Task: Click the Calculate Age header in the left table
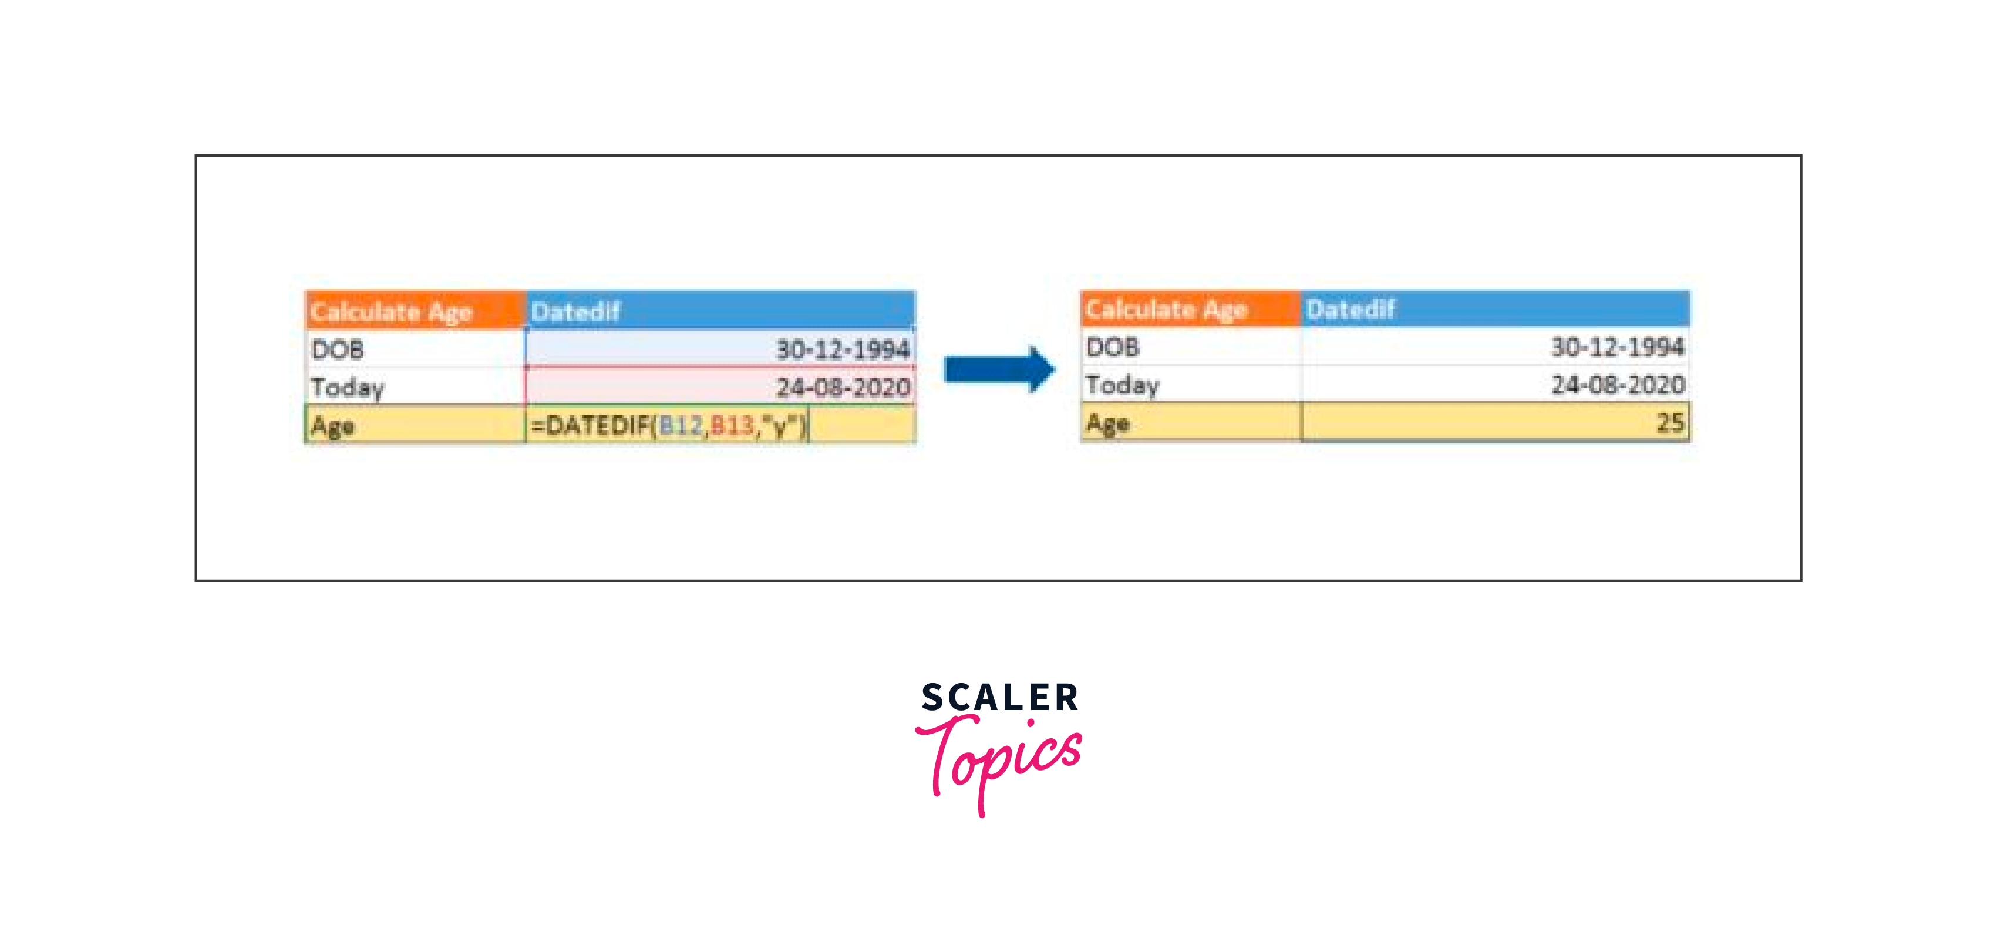point(392,312)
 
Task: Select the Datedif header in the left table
point(575,312)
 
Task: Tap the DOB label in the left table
point(338,349)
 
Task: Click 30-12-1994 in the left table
point(843,349)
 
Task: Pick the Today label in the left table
point(347,387)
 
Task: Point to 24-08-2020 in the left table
point(843,387)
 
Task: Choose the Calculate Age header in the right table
point(1166,310)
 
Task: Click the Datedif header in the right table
point(1351,310)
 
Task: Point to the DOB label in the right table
point(1113,347)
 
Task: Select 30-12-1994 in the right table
point(1617,347)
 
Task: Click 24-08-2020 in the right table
point(1617,385)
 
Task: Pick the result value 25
point(1670,423)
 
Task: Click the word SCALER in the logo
point(999,698)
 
